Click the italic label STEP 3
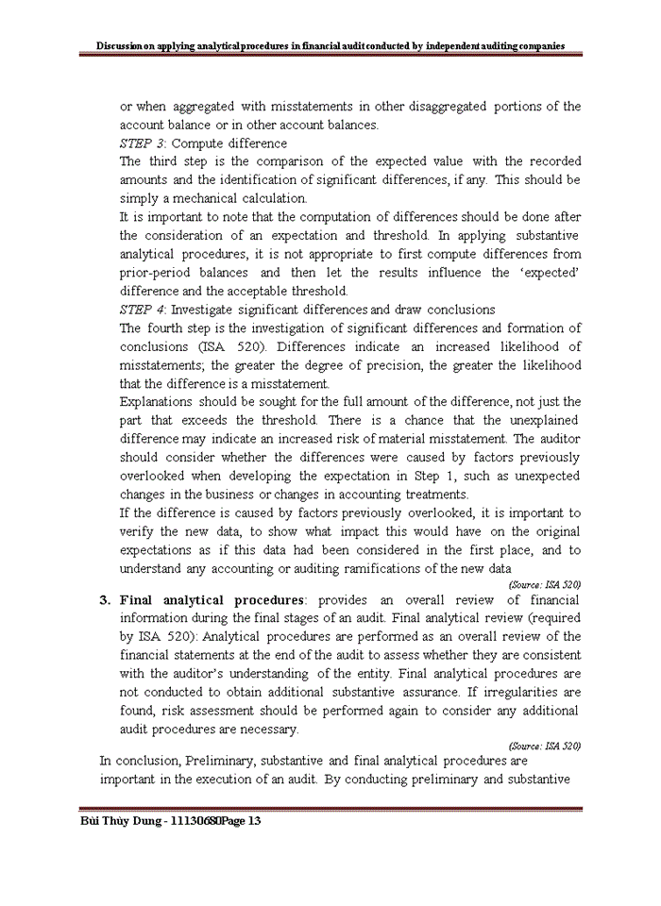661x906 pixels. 143,143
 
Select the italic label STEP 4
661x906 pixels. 143,310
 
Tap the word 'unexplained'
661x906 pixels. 543,420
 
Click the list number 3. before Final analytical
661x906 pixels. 106,600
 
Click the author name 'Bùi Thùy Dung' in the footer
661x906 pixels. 120,822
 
